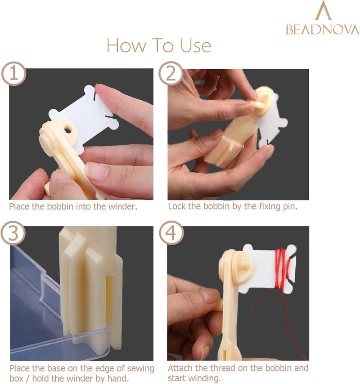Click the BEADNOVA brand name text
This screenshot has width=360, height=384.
(x=322, y=29)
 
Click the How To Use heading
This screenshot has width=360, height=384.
(x=158, y=45)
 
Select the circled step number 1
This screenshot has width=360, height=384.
(x=13, y=73)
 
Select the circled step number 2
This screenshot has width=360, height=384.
(x=171, y=73)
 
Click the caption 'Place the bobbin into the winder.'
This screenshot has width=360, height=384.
(x=73, y=206)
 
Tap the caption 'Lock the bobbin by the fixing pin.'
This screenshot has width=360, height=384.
(x=233, y=206)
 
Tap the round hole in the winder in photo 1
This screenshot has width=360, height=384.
(x=68, y=129)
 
